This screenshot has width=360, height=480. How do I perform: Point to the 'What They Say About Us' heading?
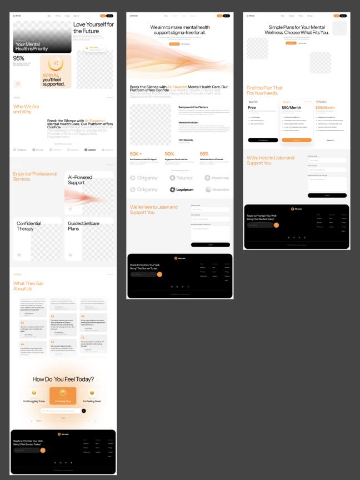[27, 286]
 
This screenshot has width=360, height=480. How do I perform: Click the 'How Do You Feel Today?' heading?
[63, 379]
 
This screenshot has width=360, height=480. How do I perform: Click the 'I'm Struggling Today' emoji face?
[33, 392]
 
